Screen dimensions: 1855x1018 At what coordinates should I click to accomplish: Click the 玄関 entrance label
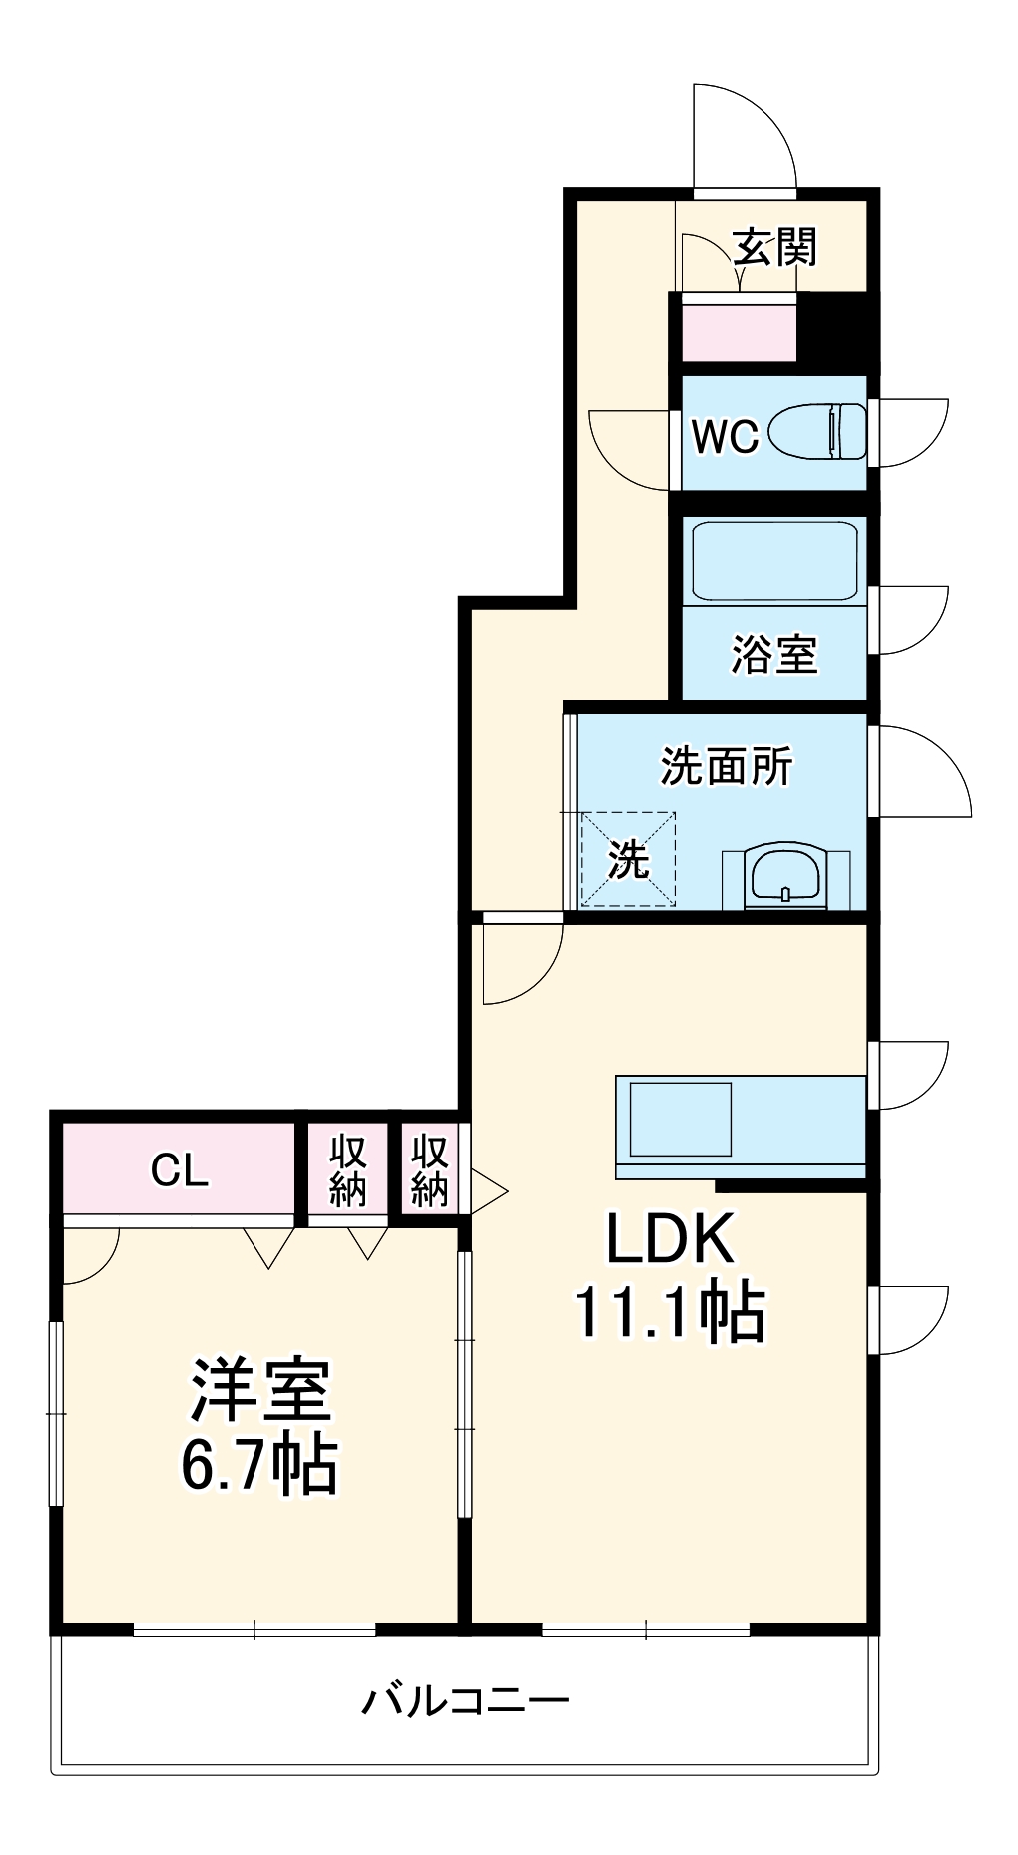pyautogui.click(x=774, y=247)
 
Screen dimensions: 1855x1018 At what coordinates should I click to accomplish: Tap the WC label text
pyautogui.click(x=726, y=436)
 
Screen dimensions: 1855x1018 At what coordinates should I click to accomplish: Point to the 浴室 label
pyautogui.click(x=774, y=655)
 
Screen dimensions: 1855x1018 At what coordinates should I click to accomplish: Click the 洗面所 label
pyautogui.click(x=726, y=766)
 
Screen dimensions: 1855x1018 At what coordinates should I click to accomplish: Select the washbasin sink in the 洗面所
pyautogui.click(x=785, y=877)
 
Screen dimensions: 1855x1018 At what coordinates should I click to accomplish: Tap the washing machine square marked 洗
pyautogui.click(x=629, y=859)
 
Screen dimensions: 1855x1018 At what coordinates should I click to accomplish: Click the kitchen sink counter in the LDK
pyautogui.click(x=740, y=1122)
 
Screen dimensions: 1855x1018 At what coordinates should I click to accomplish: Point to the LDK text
pyautogui.click(x=670, y=1238)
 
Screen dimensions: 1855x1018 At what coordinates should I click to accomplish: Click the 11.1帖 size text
pyautogui.click(x=670, y=1312)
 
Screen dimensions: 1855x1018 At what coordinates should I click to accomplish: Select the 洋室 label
pyautogui.click(x=260, y=1389)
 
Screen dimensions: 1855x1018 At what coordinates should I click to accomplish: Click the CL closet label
pyautogui.click(x=180, y=1169)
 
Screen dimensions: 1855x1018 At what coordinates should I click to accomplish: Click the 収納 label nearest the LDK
pyautogui.click(x=430, y=1169)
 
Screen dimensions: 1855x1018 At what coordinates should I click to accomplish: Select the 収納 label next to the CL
pyautogui.click(x=348, y=1169)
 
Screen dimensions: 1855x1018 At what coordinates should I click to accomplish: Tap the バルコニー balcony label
pyautogui.click(x=465, y=1699)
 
